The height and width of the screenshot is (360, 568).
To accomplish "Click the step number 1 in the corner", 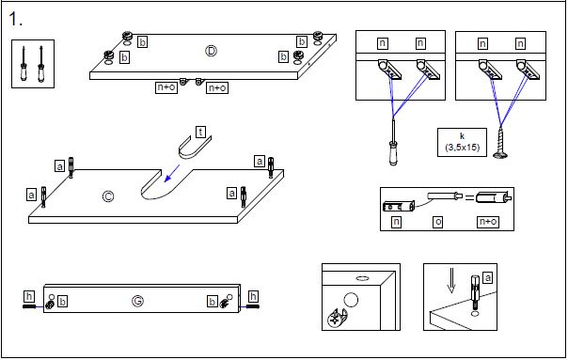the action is [x=15, y=19].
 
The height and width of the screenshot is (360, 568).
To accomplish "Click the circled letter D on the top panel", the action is [x=211, y=51].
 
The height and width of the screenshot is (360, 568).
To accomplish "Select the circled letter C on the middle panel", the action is [x=108, y=196].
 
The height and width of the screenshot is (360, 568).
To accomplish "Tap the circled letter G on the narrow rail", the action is [x=137, y=301].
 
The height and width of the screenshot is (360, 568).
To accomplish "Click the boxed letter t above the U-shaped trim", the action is [x=200, y=132].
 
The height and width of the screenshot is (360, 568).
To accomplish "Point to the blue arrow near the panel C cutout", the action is [x=172, y=174].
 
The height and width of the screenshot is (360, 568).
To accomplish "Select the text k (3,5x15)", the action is [x=462, y=142].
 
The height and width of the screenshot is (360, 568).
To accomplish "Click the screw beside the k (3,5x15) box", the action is [x=500, y=143].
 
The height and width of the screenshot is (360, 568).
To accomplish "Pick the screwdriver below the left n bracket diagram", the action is [x=393, y=142].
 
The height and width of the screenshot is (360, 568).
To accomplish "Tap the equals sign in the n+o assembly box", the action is [x=469, y=197].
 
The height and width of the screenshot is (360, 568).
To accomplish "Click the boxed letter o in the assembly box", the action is [x=438, y=222].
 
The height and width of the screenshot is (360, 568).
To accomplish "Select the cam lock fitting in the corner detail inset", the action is [x=338, y=318].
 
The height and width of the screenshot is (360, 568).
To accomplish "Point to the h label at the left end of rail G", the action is [x=29, y=297].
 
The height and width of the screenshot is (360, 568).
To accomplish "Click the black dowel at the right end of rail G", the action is [x=252, y=306].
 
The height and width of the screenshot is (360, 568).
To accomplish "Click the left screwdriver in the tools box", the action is [x=24, y=64].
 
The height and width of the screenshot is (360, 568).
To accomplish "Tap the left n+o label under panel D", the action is [x=166, y=87].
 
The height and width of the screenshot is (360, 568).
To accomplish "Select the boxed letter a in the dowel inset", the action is [x=488, y=278].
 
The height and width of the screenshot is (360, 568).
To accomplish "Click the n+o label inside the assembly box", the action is [x=488, y=222].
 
